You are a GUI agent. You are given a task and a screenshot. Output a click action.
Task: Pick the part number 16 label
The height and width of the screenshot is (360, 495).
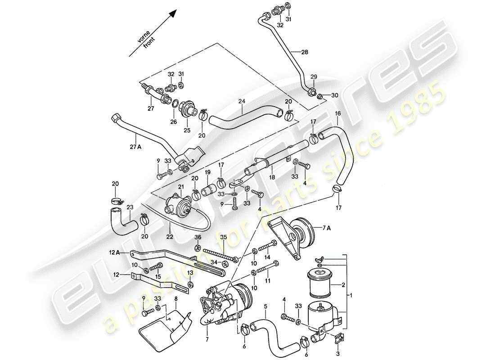coord(337,114)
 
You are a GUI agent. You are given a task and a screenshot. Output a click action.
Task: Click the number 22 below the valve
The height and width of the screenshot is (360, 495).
coord(170,235)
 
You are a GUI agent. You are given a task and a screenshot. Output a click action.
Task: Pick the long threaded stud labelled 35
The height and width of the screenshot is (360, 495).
coord(220,255)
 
